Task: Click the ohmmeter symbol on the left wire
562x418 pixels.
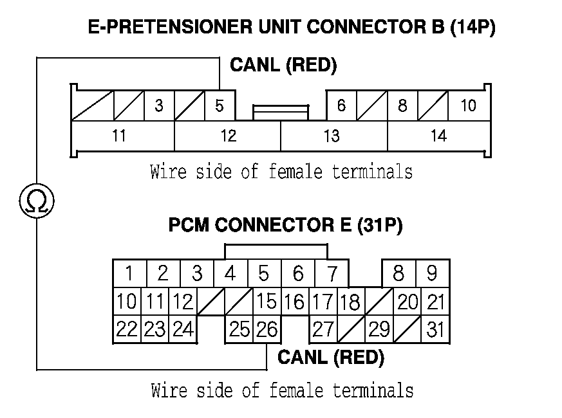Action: (37, 202)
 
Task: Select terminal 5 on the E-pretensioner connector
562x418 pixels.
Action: (220, 105)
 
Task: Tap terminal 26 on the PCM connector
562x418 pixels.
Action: (266, 330)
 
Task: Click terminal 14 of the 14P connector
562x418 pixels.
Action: (438, 136)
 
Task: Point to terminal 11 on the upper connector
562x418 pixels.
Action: (119, 136)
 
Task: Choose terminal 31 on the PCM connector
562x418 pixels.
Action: (436, 330)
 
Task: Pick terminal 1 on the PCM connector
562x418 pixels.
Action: (129, 274)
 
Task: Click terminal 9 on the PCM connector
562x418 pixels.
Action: (432, 274)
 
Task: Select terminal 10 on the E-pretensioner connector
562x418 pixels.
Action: (468, 105)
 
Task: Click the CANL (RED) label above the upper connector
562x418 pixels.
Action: (283, 66)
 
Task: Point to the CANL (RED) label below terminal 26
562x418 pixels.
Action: (330, 358)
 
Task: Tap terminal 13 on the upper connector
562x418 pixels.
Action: (332, 136)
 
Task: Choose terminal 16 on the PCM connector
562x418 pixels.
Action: (294, 302)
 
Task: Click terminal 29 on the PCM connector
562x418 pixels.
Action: (379, 330)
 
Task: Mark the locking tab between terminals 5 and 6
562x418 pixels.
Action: (281, 113)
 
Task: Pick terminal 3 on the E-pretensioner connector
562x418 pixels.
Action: (159, 105)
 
